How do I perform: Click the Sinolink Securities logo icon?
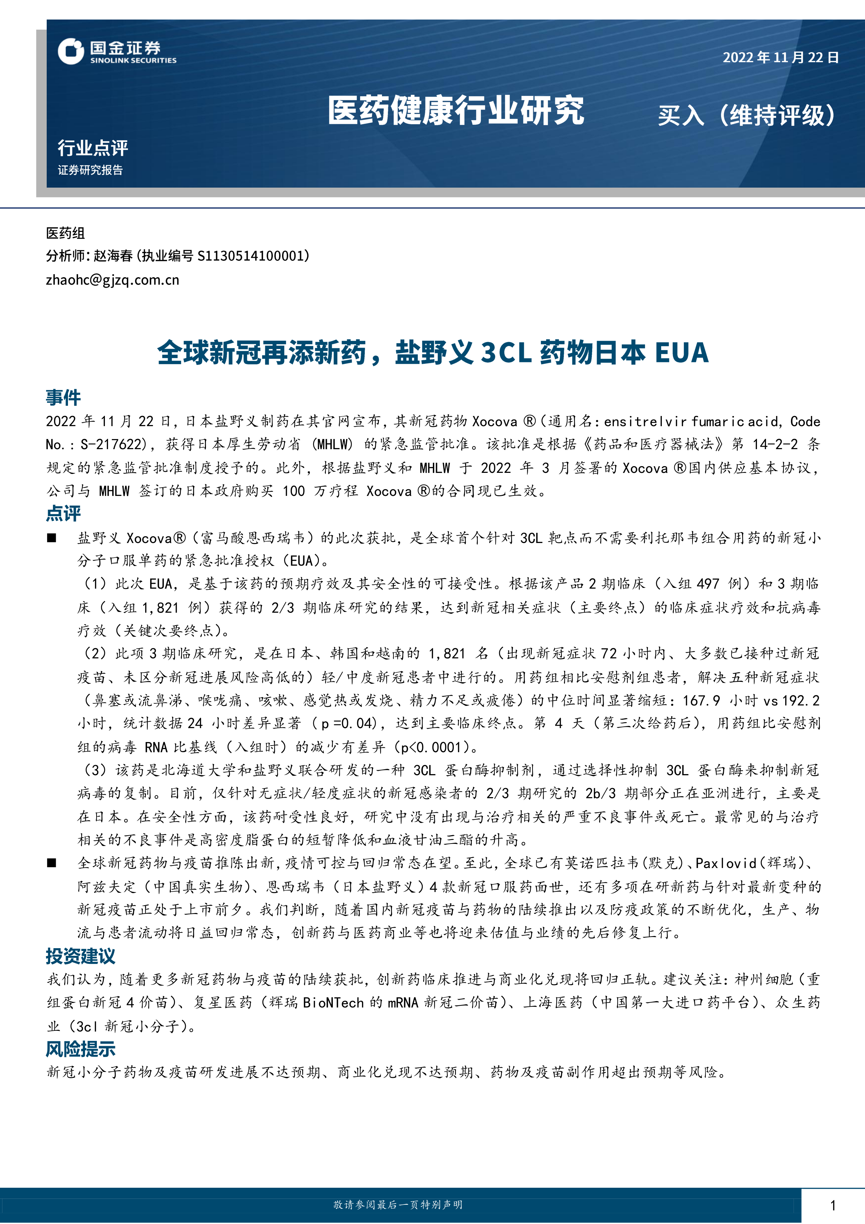(71, 52)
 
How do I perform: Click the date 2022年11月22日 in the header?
(780, 58)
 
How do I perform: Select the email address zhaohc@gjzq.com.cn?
(112, 280)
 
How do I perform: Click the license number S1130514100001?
(251, 256)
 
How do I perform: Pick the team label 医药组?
(65, 233)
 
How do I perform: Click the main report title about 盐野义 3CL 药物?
(432, 353)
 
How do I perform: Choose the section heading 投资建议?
(81, 956)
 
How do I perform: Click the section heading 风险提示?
(81, 1049)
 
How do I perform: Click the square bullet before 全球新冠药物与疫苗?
(52, 863)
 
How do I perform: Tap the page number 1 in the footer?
(833, 1205)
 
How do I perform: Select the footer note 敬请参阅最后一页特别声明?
(398, 1205)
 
